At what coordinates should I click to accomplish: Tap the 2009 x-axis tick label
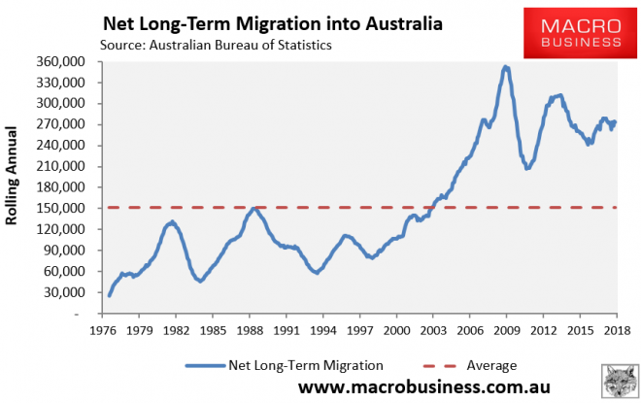click(x=507, y=331)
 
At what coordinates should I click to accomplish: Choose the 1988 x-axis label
click(x=249, y=331)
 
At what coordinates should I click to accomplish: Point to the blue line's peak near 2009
click(x=505, y=67)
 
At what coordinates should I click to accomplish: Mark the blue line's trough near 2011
click(x=527, y=168)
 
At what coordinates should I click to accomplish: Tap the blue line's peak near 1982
click(x=171, y=223)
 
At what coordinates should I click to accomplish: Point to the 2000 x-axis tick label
click(x=396, y=331)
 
